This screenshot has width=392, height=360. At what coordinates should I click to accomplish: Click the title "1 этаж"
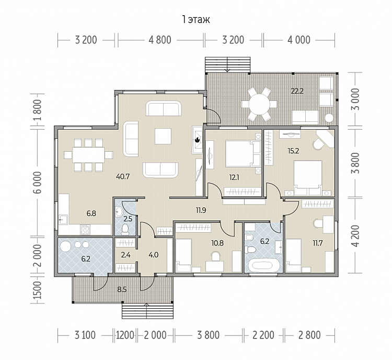pyautogui.click(x=196, y=19)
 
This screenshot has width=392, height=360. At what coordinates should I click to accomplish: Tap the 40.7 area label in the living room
pyautogui.click(x=123, y=176)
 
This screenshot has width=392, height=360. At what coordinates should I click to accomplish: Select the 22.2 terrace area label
pyautogui.click(x=297, y=91)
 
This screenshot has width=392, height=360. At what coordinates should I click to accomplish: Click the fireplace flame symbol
pyautogui.click(x=197, y=140)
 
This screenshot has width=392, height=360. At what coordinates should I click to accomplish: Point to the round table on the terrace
pyautogui.click(x=259, y=104)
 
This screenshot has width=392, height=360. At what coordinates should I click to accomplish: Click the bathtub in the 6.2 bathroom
pyautogui.click(x=264, y=266)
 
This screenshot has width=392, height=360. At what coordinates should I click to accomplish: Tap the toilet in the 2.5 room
pyautogui.click(x=124, y=229)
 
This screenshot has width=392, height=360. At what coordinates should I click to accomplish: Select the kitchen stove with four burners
pyautogui.click(x=85, y=229)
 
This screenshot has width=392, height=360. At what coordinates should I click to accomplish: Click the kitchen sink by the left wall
pyautogui.click(x=63, y=220)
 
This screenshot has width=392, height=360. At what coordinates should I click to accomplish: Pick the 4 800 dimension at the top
pyautogui.click(x=160, y=40)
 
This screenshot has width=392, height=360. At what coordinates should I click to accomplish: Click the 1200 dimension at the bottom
pyautogui.click(x=125, y=335)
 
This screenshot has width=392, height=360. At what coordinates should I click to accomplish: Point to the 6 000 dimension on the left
pyautogui.click(x=38, y=182)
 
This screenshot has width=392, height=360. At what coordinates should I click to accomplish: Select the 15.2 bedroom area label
pyautogui.click(x=293, y=151)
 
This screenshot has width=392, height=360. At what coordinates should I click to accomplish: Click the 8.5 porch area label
pyautogui.click(x=122, y=290)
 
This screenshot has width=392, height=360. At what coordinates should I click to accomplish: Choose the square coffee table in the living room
pyautogui.click(x=163, y=136)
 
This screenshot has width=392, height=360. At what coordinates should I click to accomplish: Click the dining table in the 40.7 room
pyautogui.click(x=88, y=155)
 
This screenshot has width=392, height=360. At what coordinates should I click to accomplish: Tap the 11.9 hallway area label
pyautogui.click(x=201, y=210)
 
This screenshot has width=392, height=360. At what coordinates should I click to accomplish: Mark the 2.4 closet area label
pyautogui.click(x=125, y=255)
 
